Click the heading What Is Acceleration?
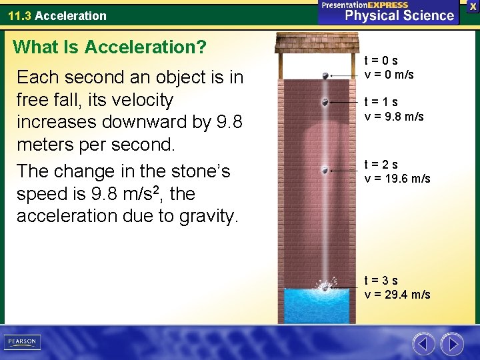coord(110,47)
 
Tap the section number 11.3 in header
coord(19,15)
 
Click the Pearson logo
coord(22,342)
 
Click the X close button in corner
coord(473,6)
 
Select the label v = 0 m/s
coord(389,75)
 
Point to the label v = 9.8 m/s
coord(393,116)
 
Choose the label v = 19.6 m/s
coord(397,179)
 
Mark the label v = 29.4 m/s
coord(397,295)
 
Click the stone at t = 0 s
coord(325,76)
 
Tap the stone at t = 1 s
coord(325,102)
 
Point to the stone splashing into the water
coord(325,287)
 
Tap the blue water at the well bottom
coord(317,307)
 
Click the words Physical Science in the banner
coord(399,15)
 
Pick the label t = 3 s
coord(381,281)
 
